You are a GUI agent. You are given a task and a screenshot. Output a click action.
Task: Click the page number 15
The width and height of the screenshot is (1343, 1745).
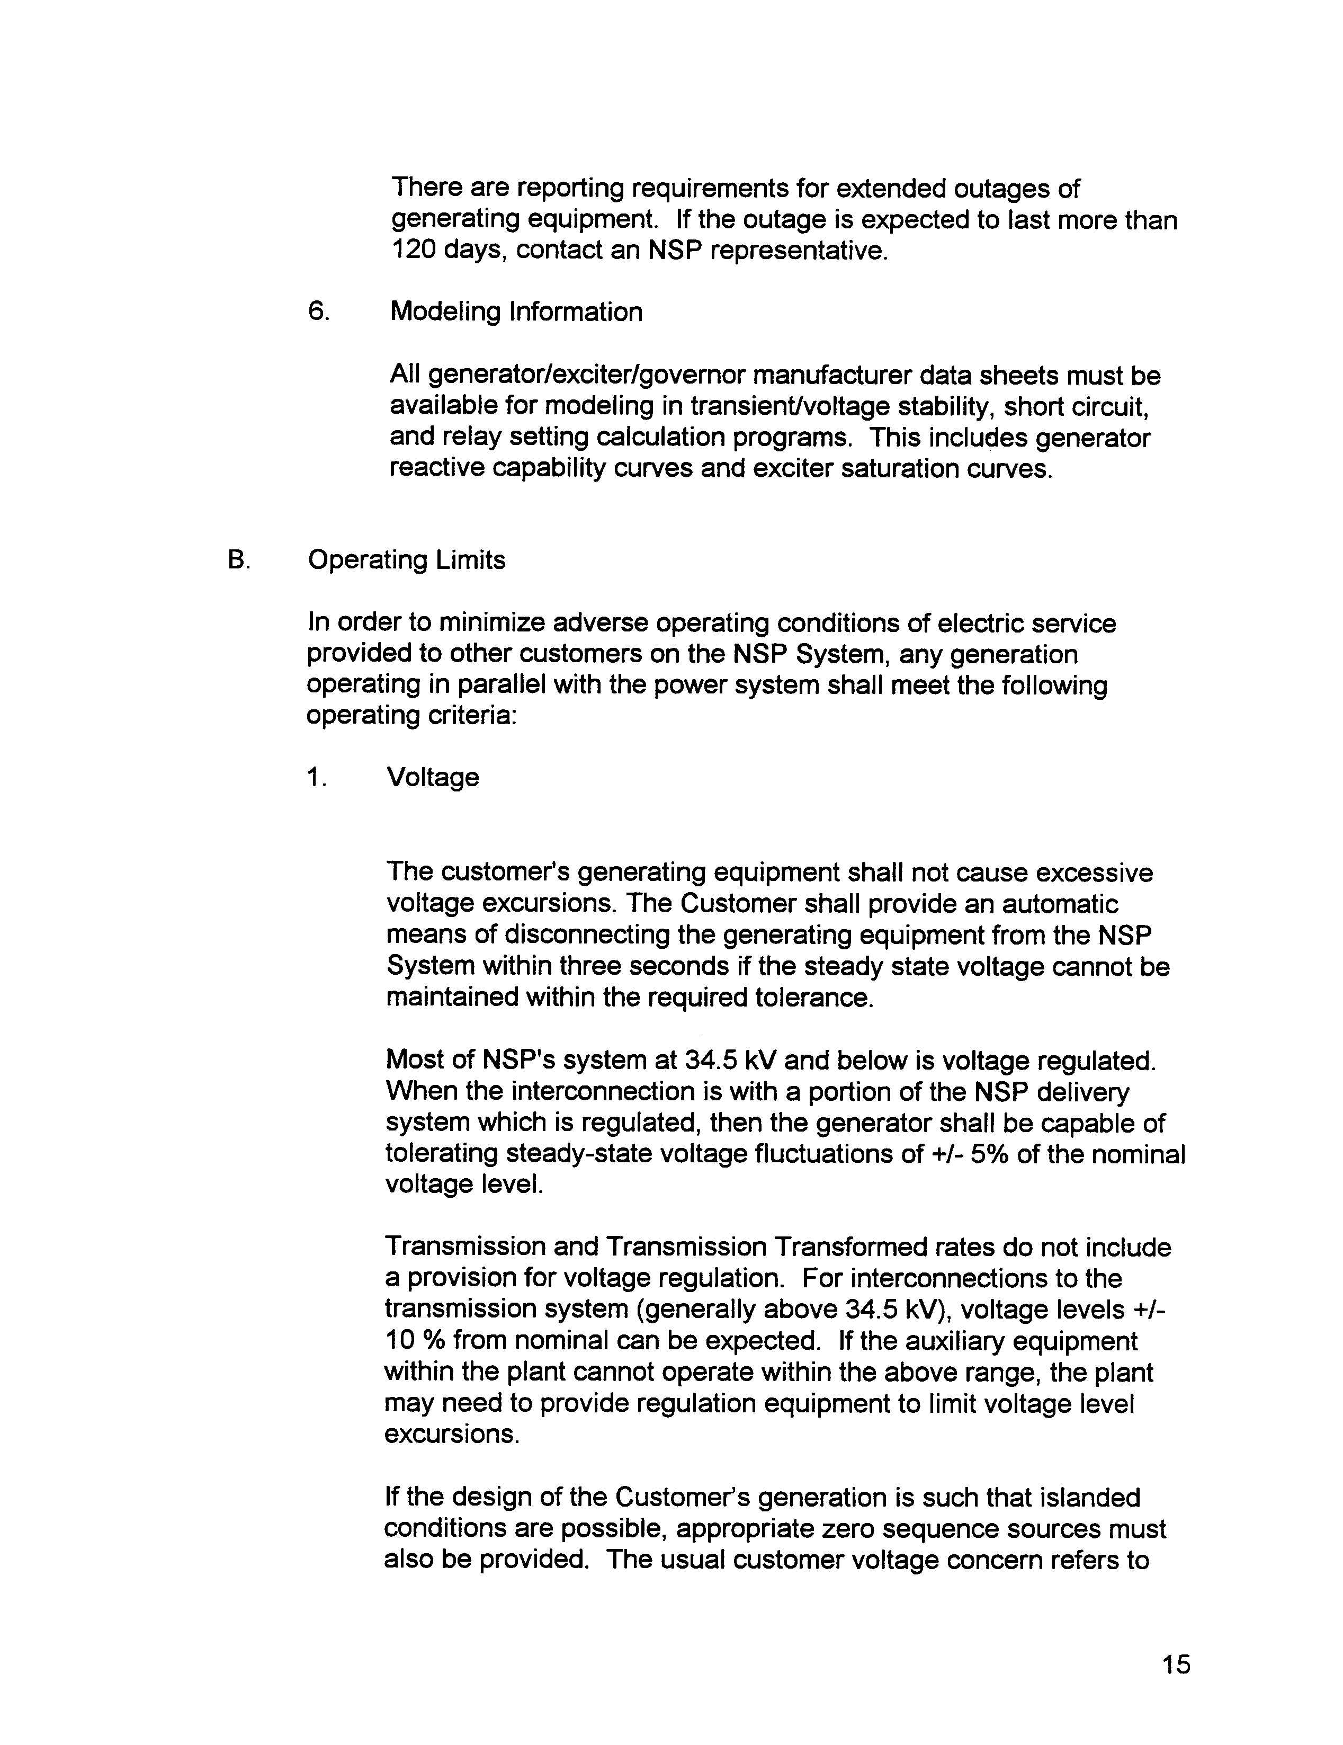(1176, 1665)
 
